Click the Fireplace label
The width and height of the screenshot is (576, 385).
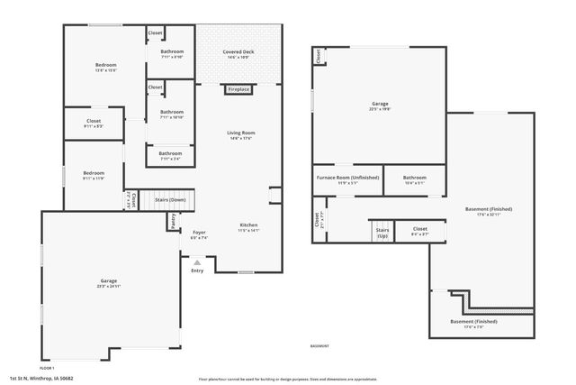point(238,90)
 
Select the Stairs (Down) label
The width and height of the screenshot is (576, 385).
point(170,199)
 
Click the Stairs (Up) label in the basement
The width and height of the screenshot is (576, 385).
point(382,234)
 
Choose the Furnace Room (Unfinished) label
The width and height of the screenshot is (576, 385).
point(347,179)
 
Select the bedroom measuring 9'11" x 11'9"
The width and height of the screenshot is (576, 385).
point(94,179)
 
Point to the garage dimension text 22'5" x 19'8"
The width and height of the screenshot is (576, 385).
point(380,110)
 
